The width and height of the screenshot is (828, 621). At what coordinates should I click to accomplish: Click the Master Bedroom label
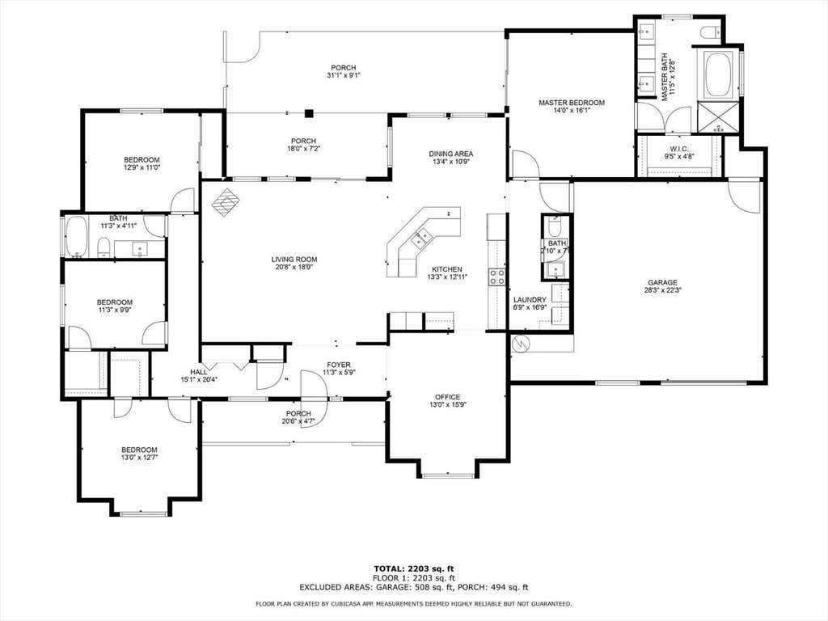click(572, 103)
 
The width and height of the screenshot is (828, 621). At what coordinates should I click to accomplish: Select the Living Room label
click(294, 260)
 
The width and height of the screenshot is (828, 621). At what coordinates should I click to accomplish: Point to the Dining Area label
click(450, 154)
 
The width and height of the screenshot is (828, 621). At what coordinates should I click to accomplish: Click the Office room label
click(447, 397)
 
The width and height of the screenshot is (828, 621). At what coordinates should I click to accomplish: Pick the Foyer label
click(339, 365)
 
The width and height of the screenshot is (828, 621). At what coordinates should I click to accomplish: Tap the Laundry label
click(530, 300)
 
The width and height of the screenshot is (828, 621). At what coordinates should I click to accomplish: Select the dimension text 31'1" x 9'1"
click(343, 75)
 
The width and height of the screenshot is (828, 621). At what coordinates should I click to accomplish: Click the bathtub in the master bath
click(718, 74)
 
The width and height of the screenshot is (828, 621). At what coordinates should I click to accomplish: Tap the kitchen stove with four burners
click(496, 277)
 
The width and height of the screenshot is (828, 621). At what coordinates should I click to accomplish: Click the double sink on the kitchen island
click(420, 239)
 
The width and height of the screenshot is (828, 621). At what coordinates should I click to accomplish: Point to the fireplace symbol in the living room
click(226, 202)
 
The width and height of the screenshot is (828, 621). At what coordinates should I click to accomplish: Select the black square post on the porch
click(309, 113)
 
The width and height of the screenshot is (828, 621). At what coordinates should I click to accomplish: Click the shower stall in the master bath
click(717, 116)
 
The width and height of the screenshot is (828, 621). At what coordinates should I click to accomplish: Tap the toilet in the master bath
click(711, 32)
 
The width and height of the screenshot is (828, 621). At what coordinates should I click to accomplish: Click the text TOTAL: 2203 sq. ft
click(414, 568)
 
